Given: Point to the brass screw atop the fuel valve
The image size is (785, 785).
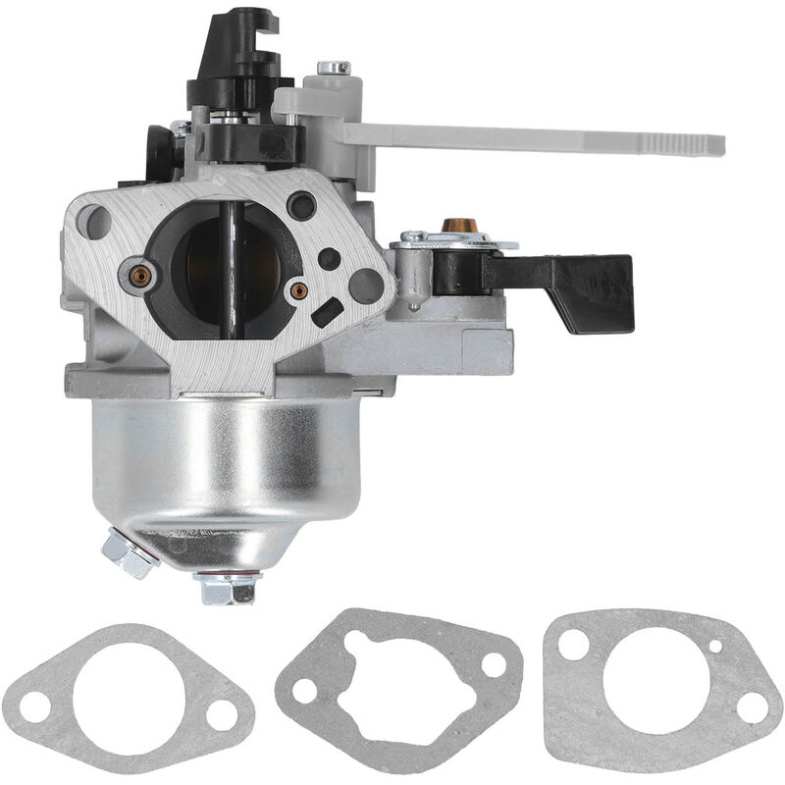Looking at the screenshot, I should point(454,226).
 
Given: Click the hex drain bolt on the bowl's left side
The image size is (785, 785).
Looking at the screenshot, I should point(128,554).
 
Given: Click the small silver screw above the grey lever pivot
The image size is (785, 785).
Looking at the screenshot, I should point(333,69).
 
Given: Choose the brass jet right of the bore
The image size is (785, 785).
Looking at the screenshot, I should point(298,290).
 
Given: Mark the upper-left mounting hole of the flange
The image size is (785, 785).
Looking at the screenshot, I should point(95,222).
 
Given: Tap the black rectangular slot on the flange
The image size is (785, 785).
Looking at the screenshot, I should point(327,312).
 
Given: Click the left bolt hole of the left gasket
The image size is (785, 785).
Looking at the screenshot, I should point(36,706).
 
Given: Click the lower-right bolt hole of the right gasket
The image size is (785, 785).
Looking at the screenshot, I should point(753,706).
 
